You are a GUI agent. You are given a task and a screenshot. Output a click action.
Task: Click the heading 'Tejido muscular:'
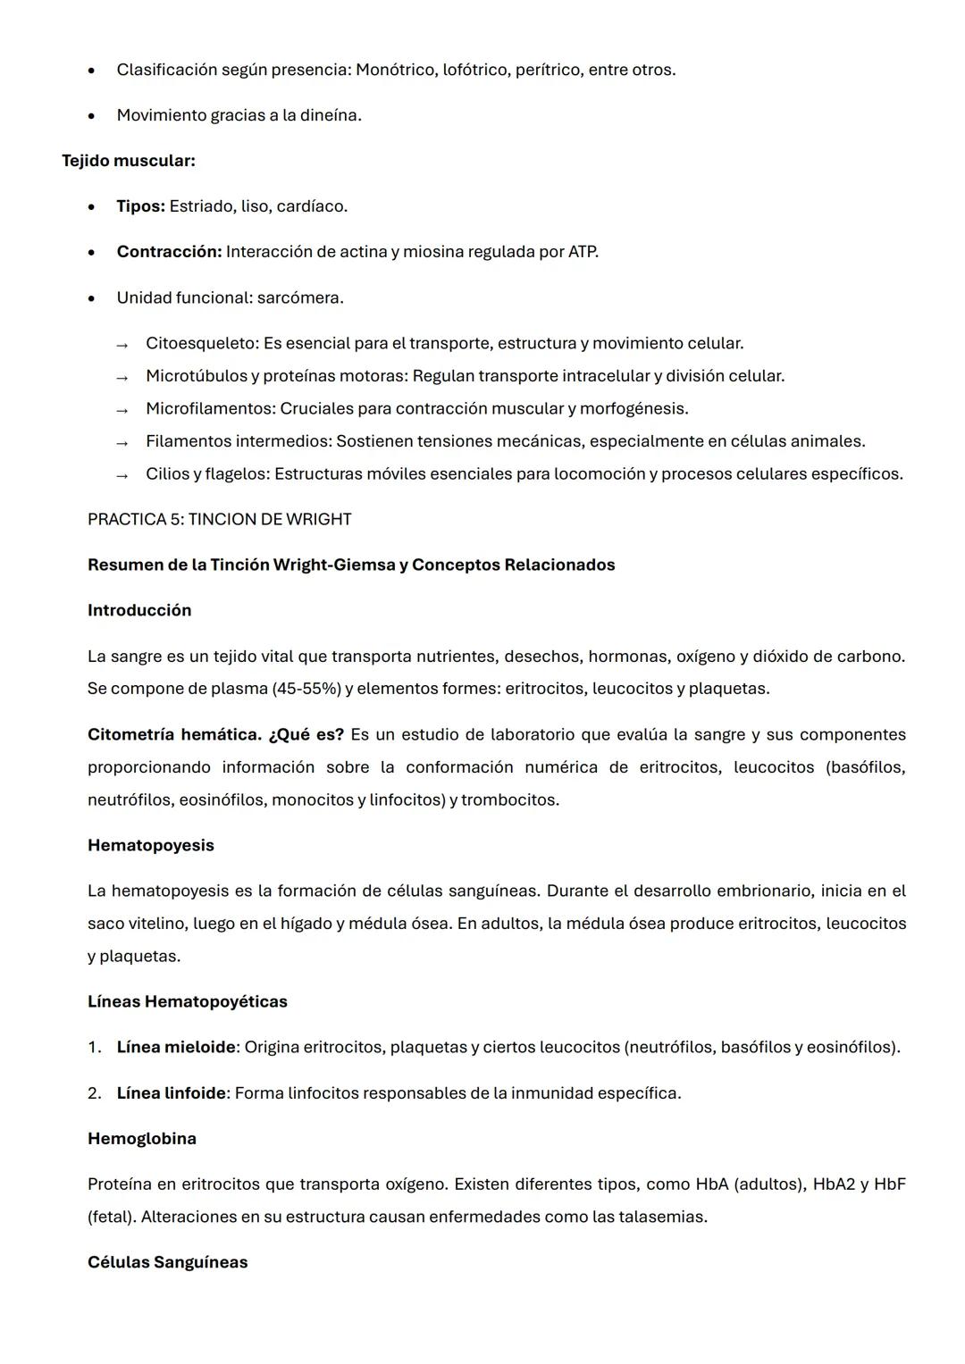pos(128,161)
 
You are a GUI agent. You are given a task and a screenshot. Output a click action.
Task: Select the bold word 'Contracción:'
pos(169,252)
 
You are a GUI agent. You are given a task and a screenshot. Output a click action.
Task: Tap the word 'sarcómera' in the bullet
pos(298,297)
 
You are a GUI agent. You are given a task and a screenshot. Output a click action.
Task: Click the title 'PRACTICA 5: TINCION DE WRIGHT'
pos(219,519)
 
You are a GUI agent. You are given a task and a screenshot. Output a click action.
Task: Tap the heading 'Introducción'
pos(139,610)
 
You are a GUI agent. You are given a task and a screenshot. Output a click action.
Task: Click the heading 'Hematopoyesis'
pos(150,845)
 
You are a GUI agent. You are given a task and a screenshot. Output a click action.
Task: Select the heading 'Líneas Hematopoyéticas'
pos(187,1001)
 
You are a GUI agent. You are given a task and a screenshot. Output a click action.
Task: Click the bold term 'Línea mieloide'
pos(175,1047)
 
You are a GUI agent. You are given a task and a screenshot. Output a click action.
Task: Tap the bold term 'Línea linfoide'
pos(171,1093)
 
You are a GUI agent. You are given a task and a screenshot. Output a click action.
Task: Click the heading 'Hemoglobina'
pos(141,1139)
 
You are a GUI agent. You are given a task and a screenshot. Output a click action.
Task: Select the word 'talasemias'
pos(665,1217)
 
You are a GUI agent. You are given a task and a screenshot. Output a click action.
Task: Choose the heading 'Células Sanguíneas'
pos(167,1262)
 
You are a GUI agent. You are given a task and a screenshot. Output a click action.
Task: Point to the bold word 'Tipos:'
pos(140,206)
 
